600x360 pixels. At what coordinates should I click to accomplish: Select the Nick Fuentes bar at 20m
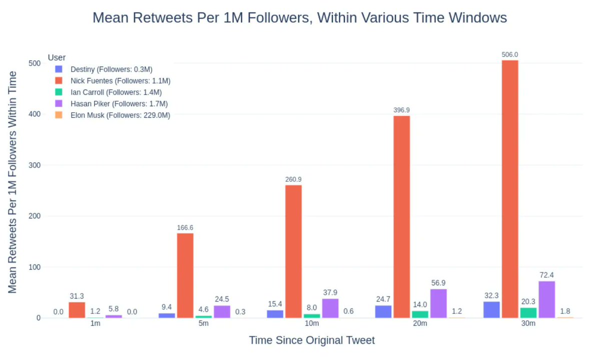(401, 217)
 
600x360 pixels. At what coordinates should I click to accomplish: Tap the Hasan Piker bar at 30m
(546, 299)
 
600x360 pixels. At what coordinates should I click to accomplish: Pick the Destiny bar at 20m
(383, 311)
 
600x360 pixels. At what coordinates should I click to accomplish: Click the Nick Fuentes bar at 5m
(185, 275)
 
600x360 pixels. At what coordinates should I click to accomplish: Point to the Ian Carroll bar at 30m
(528, 313)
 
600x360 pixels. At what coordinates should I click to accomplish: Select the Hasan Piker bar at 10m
(330, 308)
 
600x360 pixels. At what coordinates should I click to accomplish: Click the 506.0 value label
(510, 55)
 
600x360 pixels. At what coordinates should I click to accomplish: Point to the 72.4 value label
(546, 275)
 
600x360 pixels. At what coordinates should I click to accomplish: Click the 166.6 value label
(185, 228)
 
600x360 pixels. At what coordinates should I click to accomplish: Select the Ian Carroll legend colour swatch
(59, 92)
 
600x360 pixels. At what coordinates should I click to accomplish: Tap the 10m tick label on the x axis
(312, 324)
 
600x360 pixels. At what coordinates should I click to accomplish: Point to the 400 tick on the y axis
(35, 114)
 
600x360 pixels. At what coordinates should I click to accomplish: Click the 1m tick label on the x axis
(95, 324)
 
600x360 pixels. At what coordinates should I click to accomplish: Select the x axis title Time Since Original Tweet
(312, 340)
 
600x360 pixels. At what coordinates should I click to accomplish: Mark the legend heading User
(57, 58)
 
